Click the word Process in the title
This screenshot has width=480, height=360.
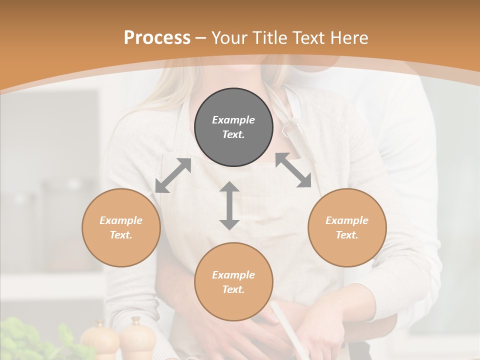pos(157,38)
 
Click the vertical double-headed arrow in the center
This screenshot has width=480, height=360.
pos(229,205)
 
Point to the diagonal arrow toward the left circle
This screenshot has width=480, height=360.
pos(173,175)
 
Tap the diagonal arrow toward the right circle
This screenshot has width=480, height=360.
pos(293,170)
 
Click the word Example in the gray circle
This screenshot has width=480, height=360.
pos(233,120)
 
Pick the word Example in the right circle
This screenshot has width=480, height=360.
pos(347,220)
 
